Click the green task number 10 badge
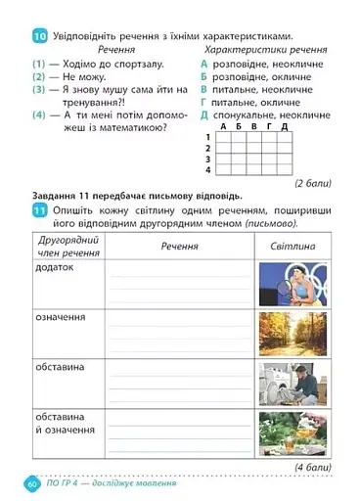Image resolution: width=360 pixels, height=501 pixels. click(x=40, y=36)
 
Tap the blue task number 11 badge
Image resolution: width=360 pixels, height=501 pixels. click(x=40, y=212)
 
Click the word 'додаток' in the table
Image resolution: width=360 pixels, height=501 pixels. click(x=56, y=267)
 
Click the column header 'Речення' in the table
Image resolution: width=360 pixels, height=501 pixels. click(x=180, y=247)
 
